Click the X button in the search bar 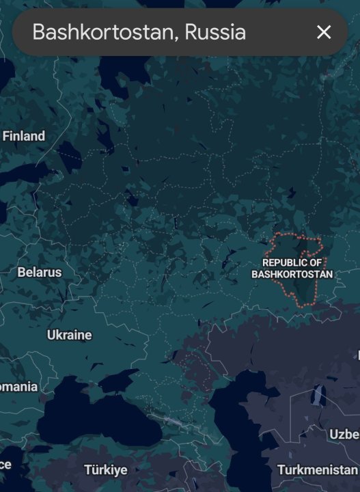[x=324, y=32]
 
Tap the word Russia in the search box [x=215, y=32]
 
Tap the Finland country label [x=24, y=136]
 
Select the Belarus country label [x=39, y=272]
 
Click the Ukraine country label [x=69, y=335]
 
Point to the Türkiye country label [x=105, y=470]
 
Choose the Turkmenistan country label [x=317, y=470]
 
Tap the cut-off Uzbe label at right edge [x=344, y=435]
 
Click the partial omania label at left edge [x=18, y=387]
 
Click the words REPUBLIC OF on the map [x=292, y=262]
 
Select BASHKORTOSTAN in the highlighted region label [x=292, y=275]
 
